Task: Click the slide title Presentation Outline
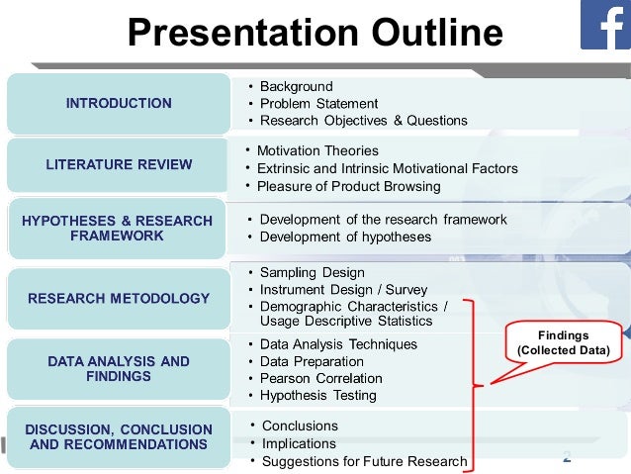315,34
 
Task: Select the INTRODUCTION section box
119,103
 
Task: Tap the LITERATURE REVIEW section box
119,165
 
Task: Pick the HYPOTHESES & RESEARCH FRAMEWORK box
118,229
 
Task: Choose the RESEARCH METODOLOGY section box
119,298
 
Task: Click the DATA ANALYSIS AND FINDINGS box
119,369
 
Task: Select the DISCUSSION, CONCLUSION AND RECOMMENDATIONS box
119,436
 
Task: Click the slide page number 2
567,456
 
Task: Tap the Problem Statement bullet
318,104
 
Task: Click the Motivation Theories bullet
316,150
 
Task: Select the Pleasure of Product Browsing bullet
348,186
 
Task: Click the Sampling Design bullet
312,272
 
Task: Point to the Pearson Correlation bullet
320,378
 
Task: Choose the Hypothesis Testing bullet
317,395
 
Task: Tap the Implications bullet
298,443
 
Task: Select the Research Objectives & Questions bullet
363,121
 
